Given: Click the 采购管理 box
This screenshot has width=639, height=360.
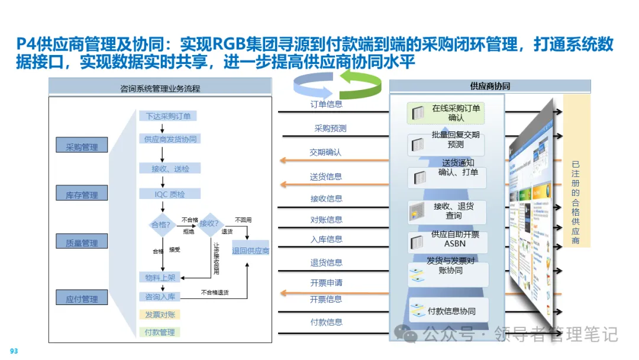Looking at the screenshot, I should tap(82, 145).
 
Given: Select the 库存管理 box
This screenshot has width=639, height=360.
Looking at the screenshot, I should tap(82, 193).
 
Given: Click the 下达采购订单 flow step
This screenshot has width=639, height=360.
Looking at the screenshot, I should tap(168, 116).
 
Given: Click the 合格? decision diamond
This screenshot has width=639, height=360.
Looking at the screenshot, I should tap(161, 224).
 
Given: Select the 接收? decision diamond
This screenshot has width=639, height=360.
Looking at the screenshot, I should tap(209, 224).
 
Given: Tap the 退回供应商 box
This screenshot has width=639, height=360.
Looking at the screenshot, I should tap(250, 250).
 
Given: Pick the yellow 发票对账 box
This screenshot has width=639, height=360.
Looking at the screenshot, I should tap(160, 314).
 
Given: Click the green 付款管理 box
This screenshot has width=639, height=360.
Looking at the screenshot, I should tap(160, 332).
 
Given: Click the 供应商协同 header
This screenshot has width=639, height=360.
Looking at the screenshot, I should tap(489, 86).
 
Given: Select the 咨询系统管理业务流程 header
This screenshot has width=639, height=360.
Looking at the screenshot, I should tap(160, 88).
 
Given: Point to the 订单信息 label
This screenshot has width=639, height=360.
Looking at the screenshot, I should tap(326, 105).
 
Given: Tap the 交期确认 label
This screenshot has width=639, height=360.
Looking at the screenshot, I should tap(325, 152).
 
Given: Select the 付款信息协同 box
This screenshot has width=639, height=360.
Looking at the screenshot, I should tap(448, 311).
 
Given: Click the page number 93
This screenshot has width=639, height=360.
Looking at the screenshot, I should tap(14, 351).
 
